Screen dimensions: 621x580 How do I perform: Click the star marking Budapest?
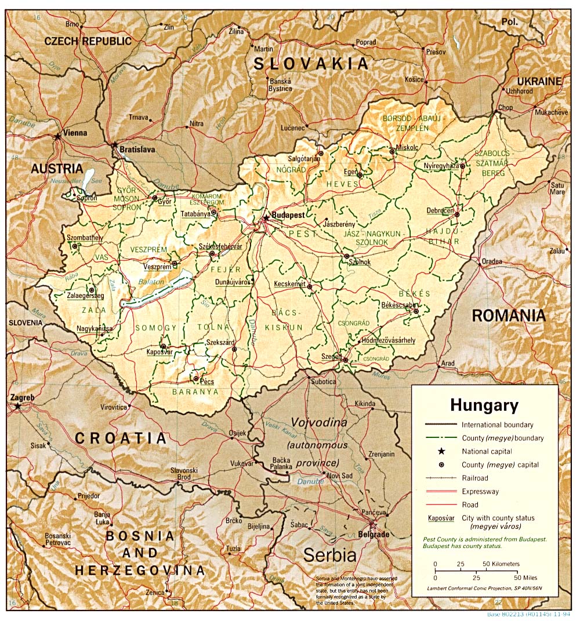(x=266, y=218)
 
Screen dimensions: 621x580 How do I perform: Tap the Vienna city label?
(x=75, y=133)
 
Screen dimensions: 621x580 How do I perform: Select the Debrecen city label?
(x=440, y=211)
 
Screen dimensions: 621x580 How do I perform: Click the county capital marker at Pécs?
(x=195, y=381)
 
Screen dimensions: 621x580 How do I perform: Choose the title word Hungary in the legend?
(x=484, y=405)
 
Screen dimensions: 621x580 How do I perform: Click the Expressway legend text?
(x=481, y=491)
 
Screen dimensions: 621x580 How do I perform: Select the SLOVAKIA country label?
(x=311, y=64)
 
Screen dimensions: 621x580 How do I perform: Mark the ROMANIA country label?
(x=508, y=316)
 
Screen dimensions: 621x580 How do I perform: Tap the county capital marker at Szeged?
(x=345, y=360)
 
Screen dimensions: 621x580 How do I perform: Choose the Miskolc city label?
(x=407, y=148)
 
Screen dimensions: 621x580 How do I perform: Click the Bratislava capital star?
(x=115, y=144)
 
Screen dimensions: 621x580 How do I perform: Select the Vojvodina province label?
(x=318, y=423)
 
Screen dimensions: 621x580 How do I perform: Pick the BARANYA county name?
(x=195, y=392)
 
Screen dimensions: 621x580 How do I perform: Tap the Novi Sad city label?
(x=340, y=476)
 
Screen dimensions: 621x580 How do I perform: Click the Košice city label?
(x=414, y=79)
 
